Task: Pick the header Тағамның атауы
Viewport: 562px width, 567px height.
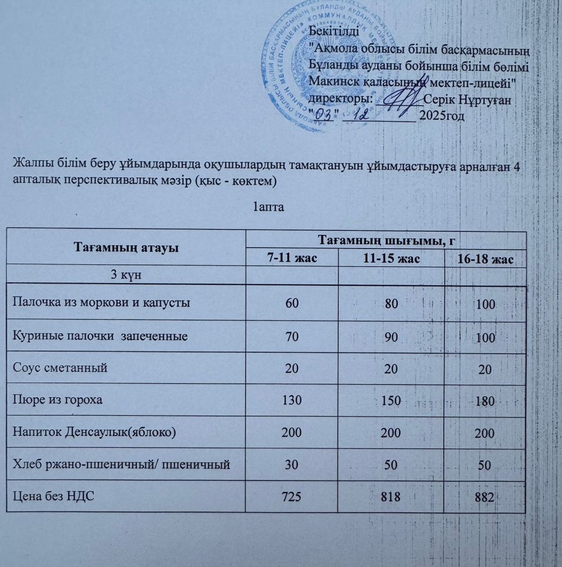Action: pyautogui.click(x=126, y=247)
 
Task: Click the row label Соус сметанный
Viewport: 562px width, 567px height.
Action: pyautogui.click(x=59, y=368)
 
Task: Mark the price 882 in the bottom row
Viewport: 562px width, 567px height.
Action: pyautogui.click(x=484, y=498)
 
